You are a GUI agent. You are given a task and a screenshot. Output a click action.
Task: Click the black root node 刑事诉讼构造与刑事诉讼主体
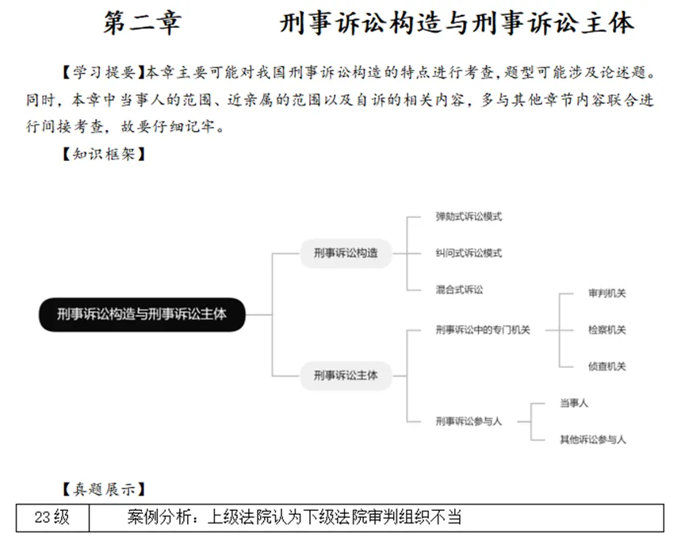pyautogui.click(x=142, y=314)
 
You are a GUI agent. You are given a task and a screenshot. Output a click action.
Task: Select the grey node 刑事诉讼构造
pyautogui.click(x=346, y=253)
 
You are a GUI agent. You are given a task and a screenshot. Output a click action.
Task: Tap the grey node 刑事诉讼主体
pyautogui.click(x=346, y=374)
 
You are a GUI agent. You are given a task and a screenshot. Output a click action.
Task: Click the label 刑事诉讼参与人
pyautogui.click(x=469, y=421)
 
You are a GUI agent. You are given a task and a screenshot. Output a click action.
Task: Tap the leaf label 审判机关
pyautogui.click(x=607, y=293)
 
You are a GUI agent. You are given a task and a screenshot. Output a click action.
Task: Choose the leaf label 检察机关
pyautogui.click(x=607, y=330)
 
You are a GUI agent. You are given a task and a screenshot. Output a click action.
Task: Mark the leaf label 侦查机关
pyautogui.click(x=607, y=366)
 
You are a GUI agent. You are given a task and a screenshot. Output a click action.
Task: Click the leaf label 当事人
pyautogui.click(x=573, y=403)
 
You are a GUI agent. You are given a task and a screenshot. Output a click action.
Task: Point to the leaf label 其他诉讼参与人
pyautogui.click(x=592, y=439)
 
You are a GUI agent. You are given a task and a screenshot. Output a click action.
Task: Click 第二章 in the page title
pyautogui.click(x=143, y=23)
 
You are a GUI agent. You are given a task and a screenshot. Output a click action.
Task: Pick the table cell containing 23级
pyautogui.click(x=52, y=519)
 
